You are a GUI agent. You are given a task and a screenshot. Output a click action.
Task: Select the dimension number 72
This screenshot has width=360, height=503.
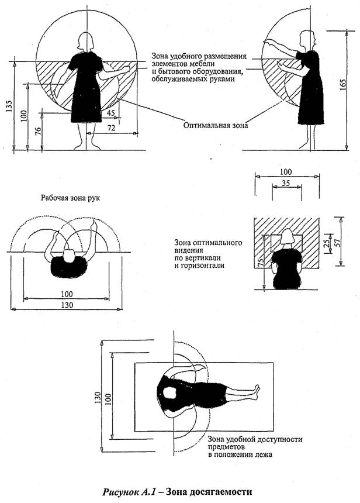(109, 127)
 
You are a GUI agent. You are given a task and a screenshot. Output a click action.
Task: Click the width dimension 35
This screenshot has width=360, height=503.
(286, 183)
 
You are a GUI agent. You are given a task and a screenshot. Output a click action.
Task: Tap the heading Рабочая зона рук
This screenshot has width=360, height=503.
(70, 198)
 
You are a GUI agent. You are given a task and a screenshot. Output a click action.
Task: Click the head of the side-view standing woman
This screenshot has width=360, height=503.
(305, 40)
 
